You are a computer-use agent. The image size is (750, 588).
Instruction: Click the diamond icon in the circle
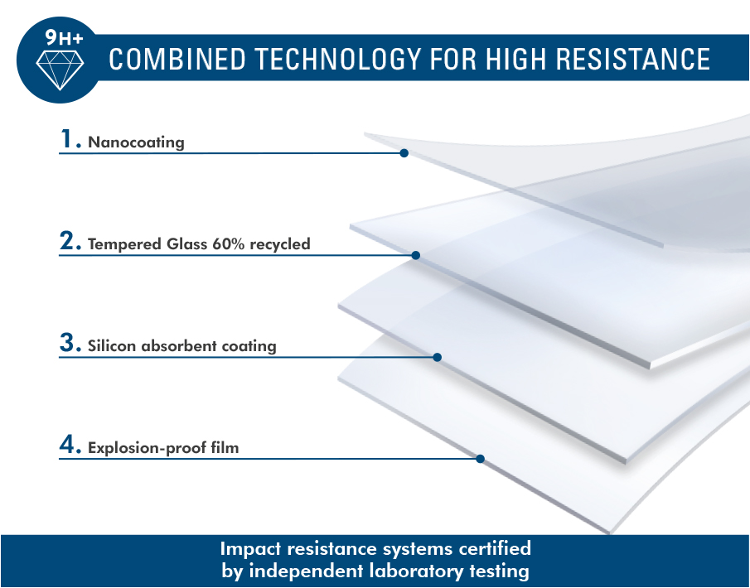[x=60, y=70]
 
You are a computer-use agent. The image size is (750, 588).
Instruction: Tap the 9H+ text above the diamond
[x=64, y=38]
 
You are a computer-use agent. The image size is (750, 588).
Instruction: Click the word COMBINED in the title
[x=177, y=59]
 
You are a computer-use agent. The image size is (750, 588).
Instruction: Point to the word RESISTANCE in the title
[x=633, y=59]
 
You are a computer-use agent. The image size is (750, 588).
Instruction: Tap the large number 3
[x=70, y=342]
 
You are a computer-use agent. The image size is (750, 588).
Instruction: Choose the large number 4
[x=70, y=444]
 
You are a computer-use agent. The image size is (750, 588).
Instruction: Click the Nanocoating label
[x=136, y=142]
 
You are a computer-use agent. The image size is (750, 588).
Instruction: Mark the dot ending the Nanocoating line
[x=404, y=153]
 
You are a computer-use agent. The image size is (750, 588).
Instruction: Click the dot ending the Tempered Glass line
[x=416, y=255]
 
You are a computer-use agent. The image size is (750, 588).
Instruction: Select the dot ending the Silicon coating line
[x=438, y=357]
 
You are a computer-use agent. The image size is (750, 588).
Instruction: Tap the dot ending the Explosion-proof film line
[x=480, y=459]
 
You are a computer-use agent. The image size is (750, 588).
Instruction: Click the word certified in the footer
[x=494, y=548]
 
